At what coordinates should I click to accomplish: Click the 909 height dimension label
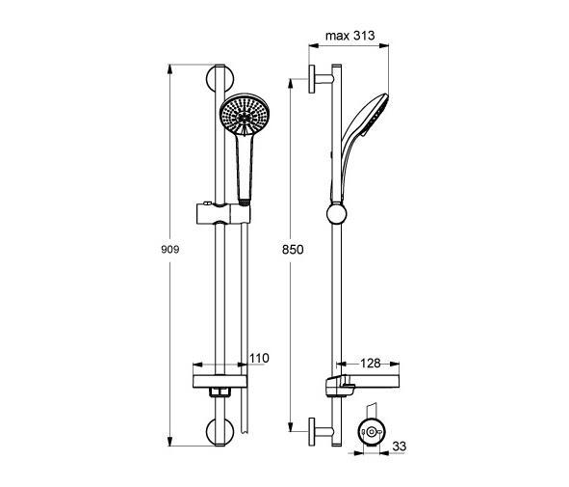[x=169, y=250]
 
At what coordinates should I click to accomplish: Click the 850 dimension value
[x=293, y=250]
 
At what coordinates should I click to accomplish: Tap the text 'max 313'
[x=349, y=36]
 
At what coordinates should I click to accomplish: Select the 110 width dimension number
[x=259, y=358]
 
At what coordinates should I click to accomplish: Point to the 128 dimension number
[x=370, y=363]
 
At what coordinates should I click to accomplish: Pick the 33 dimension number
[x=400, y=446]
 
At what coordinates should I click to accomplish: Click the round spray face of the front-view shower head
[x=245, y=115]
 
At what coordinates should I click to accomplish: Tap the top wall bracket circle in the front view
[x=220, y=78]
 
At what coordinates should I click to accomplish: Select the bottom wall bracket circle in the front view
[x=220, y=432]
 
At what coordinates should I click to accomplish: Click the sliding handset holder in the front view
[x=223, y=214]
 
